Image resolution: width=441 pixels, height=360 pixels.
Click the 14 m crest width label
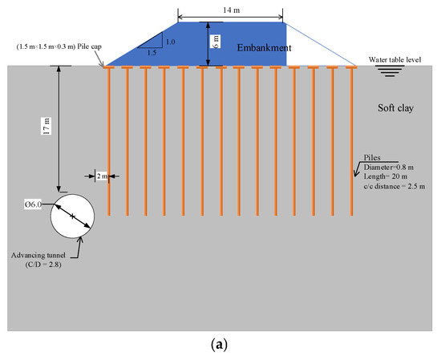coord(231,10)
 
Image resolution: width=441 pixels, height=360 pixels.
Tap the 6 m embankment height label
coord(216,42)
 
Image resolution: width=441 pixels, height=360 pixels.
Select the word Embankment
coord(264,47)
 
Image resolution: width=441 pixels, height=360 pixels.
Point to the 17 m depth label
coord(47,126)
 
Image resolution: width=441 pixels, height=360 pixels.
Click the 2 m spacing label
coord(102,176)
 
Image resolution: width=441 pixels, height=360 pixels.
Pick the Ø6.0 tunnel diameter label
coord(33,204)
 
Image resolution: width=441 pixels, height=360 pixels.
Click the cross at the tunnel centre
coord(72,216)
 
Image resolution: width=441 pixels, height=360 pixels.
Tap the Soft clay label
coord(395,108)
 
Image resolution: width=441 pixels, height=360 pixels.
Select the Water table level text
coord(394,59)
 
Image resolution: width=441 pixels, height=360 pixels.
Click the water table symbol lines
coord(390,71)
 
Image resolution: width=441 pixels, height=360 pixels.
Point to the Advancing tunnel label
coord(38,256)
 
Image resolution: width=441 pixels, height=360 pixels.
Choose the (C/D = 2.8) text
coord(43,265)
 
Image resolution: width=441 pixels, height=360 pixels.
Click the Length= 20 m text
coord(386,176)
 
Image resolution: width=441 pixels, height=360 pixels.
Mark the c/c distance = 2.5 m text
coord(394,186)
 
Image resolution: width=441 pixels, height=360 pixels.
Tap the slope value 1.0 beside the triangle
coord(171,42)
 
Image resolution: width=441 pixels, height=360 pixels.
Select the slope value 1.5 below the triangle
coord(152,53)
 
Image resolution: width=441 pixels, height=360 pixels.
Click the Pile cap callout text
coord(59,47)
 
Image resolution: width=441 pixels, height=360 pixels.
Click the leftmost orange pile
coord(109,141)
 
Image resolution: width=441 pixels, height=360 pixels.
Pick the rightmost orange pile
coord(351,141)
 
